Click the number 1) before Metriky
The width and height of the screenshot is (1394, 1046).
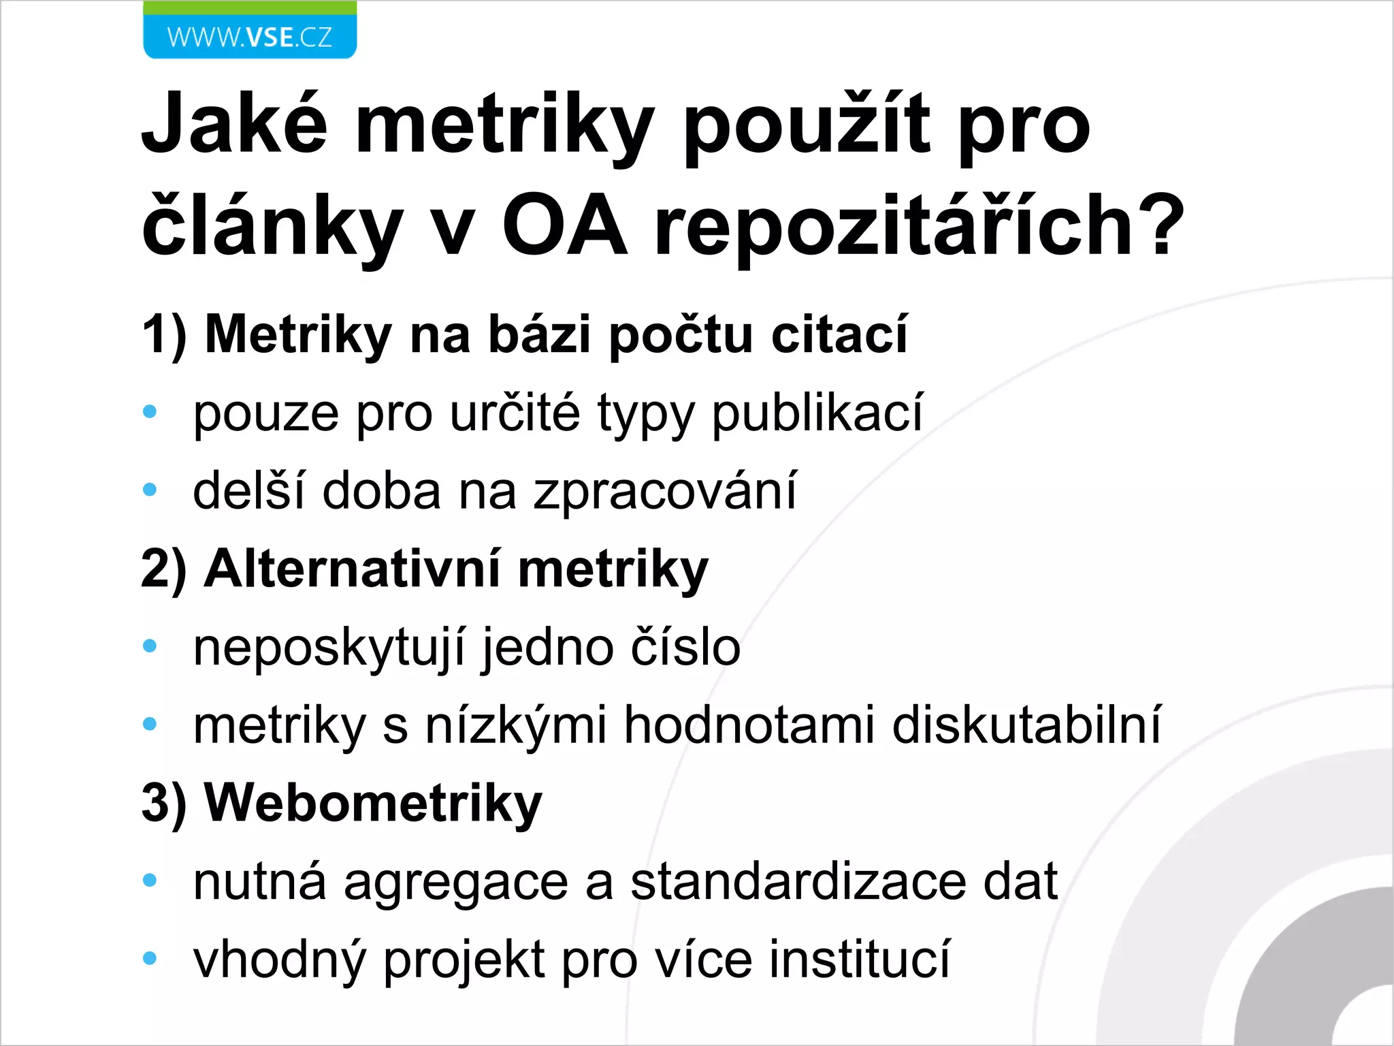(x=164, y=335)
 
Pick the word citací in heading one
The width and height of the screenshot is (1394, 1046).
(x=839, y=335)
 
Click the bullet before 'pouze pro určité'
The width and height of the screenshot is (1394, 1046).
(x=150, y=412)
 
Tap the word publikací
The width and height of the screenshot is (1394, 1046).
(x=817, y=413)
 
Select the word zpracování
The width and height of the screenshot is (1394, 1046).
(x=664, y=490)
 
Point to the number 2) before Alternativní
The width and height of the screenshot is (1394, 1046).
(x=164, y=569)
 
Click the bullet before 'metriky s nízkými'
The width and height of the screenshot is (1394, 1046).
(x=150, y=724)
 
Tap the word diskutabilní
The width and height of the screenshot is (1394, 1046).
(x=1026, y=725)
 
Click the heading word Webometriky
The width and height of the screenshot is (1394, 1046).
(x=373, y=804)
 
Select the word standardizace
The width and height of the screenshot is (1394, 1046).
(x=798, y=882)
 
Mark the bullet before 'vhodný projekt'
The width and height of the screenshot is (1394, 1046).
(x=150, y=959)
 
